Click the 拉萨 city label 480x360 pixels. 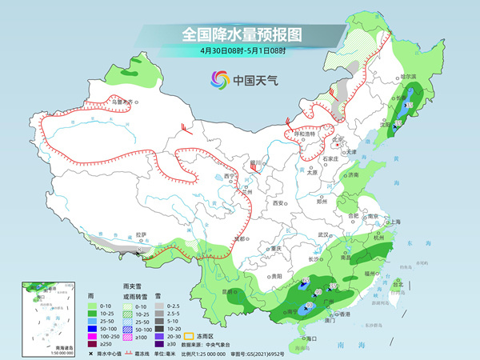[142, 234]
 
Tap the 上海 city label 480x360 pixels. [394, 221]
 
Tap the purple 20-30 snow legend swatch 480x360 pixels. [159, 336]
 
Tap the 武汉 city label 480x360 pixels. [324, 234]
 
